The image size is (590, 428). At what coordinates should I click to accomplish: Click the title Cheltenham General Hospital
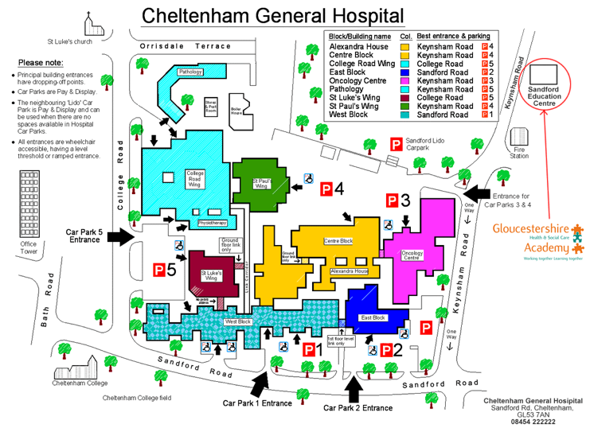point(272,15)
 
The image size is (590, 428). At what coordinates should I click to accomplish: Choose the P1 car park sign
point(311,348)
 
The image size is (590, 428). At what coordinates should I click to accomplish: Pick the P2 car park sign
point(391,348)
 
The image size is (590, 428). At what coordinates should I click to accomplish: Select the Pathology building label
point(190,72)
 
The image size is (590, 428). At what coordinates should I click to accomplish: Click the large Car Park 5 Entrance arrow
point(120,235)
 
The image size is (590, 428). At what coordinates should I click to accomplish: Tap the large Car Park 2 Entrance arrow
point(355,387)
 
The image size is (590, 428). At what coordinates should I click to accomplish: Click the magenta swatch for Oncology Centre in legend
point(405,80)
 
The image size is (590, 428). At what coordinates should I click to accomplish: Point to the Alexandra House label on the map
point(350,271)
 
